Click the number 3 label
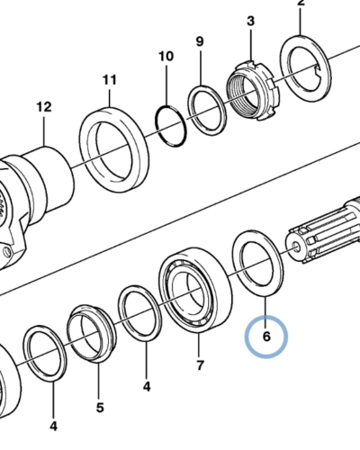click(x=251, y=22)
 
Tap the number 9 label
click(x=200, y=41)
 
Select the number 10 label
click(x=166, y=57)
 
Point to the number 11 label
click(x=109, y=80)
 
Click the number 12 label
click(x=44, y=107)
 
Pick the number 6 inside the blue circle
click(x=266, y=337)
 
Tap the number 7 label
click(x=200, y=365)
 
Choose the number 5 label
click(x=100, y=408)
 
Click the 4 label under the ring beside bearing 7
click(x=147, y=387)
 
